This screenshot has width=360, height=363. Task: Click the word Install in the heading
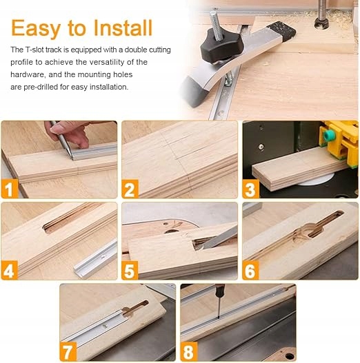click(123, 28)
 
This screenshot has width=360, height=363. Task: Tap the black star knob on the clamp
click(221, 48)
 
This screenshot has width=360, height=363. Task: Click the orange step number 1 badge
click(10, 189)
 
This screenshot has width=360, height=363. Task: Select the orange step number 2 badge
click(130, 189)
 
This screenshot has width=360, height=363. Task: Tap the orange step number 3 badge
click(251, 189)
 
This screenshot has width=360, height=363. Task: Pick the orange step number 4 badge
click(9, 270)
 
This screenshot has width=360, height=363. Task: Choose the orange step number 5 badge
click(130, 270)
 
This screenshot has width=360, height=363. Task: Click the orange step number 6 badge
click(250, 270)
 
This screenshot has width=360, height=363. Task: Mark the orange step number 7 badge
click(68, 351)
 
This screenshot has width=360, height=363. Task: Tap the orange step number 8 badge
click(189, 351)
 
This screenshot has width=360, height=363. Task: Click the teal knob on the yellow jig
click(328, 134)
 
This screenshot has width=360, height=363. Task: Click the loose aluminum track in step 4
click(95, 259)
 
